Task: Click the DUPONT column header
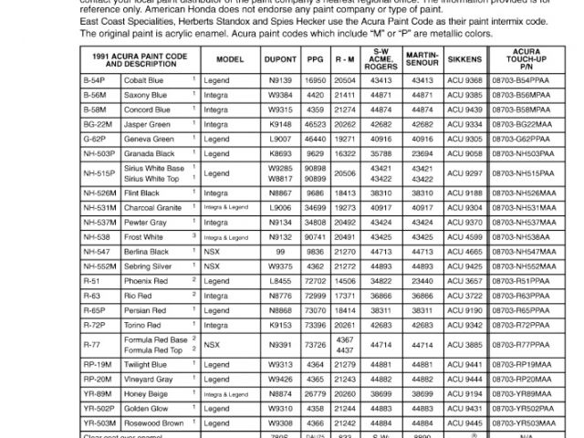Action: click(280, 57)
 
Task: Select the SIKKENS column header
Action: click(466, 57)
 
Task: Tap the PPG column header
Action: click(317, 57)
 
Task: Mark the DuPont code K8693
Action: click(280, 152)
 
